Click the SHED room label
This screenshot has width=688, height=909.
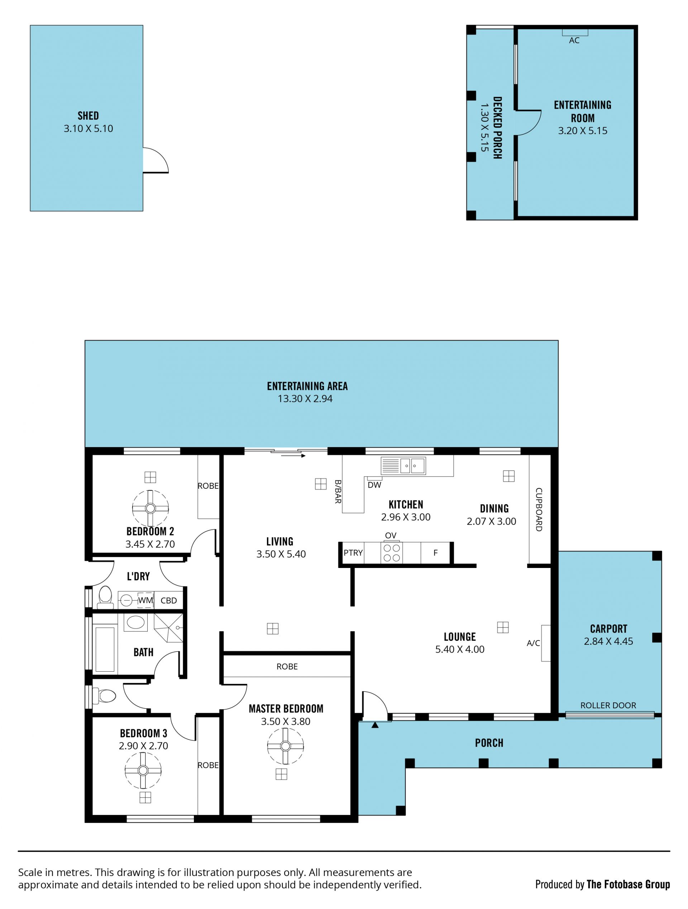[88, 115]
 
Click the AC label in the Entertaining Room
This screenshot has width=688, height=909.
[574, 40]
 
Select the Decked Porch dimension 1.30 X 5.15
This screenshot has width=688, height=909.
[485, 127]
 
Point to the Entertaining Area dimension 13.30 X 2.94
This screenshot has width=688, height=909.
[305, 399]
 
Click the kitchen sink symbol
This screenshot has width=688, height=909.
[403, 466]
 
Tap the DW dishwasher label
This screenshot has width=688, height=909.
[374, 485]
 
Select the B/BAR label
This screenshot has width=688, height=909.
[338, 492]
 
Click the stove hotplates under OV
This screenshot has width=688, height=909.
[391, 553]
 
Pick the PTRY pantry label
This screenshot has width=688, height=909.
[353, 553]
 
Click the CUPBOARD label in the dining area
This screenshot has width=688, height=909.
[539, 510]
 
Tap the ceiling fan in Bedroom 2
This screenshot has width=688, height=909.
[150, 508]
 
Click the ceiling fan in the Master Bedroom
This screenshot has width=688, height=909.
[286, 746]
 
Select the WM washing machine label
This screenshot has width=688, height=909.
[145, 600]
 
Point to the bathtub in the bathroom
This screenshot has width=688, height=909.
[105, 649]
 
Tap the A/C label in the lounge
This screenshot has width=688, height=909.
[533, 643]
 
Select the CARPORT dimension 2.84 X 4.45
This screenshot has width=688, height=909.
[608, 641]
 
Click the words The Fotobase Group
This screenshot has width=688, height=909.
[629, 884]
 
